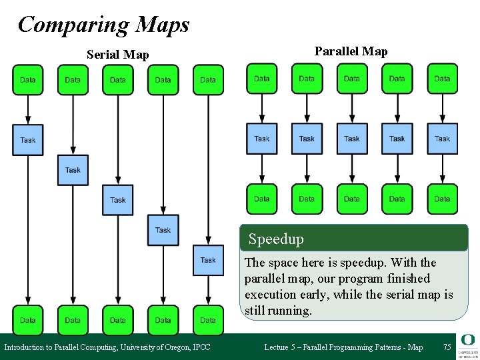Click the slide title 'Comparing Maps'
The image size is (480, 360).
click(103, 25)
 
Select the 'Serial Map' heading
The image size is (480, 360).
click(118, 55)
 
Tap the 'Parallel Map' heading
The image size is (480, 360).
click(351, 51)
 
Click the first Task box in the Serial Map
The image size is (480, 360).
click(28, 140)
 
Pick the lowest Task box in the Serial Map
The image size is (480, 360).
click(208, 260)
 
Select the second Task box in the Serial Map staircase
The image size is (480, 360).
click(73, 170)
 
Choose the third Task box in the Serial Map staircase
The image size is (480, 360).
click(118, 200)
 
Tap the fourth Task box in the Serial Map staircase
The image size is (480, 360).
click(163, 230)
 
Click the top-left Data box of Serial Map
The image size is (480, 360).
click(28, 80)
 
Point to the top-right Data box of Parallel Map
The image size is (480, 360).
click(442, 79)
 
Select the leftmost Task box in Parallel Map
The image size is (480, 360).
click(262, 139)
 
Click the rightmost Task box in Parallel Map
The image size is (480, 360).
click(442, 139)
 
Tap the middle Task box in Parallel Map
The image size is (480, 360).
click(352, 139)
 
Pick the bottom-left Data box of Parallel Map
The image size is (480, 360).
click(262, 199)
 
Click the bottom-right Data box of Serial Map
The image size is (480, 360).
click(208, 320)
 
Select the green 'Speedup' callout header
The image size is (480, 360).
click(354, 238)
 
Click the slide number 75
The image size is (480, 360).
click(447, 347)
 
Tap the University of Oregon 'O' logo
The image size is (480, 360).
click(467, 341)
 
